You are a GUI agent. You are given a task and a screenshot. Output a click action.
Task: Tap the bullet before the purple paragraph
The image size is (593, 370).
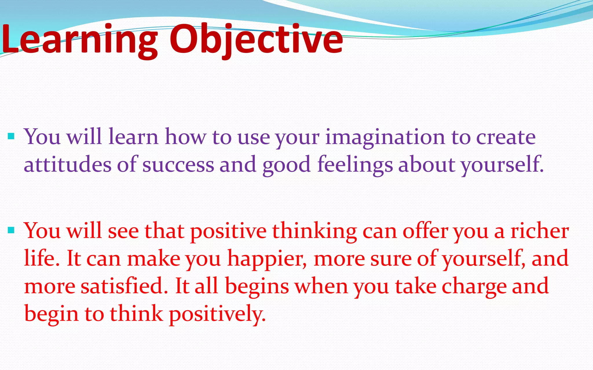click(11, 136)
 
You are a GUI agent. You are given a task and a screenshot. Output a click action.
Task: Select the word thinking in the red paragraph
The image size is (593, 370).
click(314, 231)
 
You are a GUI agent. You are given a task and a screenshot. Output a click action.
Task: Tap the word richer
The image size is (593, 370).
click(539, 231)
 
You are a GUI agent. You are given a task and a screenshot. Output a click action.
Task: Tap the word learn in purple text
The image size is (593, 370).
click(133, 137)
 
